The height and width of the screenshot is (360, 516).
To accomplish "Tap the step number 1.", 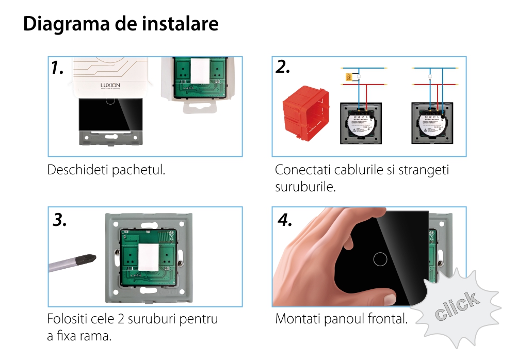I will (57, 68).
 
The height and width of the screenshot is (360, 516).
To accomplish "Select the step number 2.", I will (283, 67).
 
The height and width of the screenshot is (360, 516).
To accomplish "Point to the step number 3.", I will (60, 220).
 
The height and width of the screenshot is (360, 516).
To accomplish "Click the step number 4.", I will (285, 220).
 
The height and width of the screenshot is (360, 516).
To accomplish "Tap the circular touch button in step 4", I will (380, 258).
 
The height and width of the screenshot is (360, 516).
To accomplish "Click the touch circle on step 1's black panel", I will (109, 99).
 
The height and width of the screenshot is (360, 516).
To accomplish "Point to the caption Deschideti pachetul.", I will (106, 170).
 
